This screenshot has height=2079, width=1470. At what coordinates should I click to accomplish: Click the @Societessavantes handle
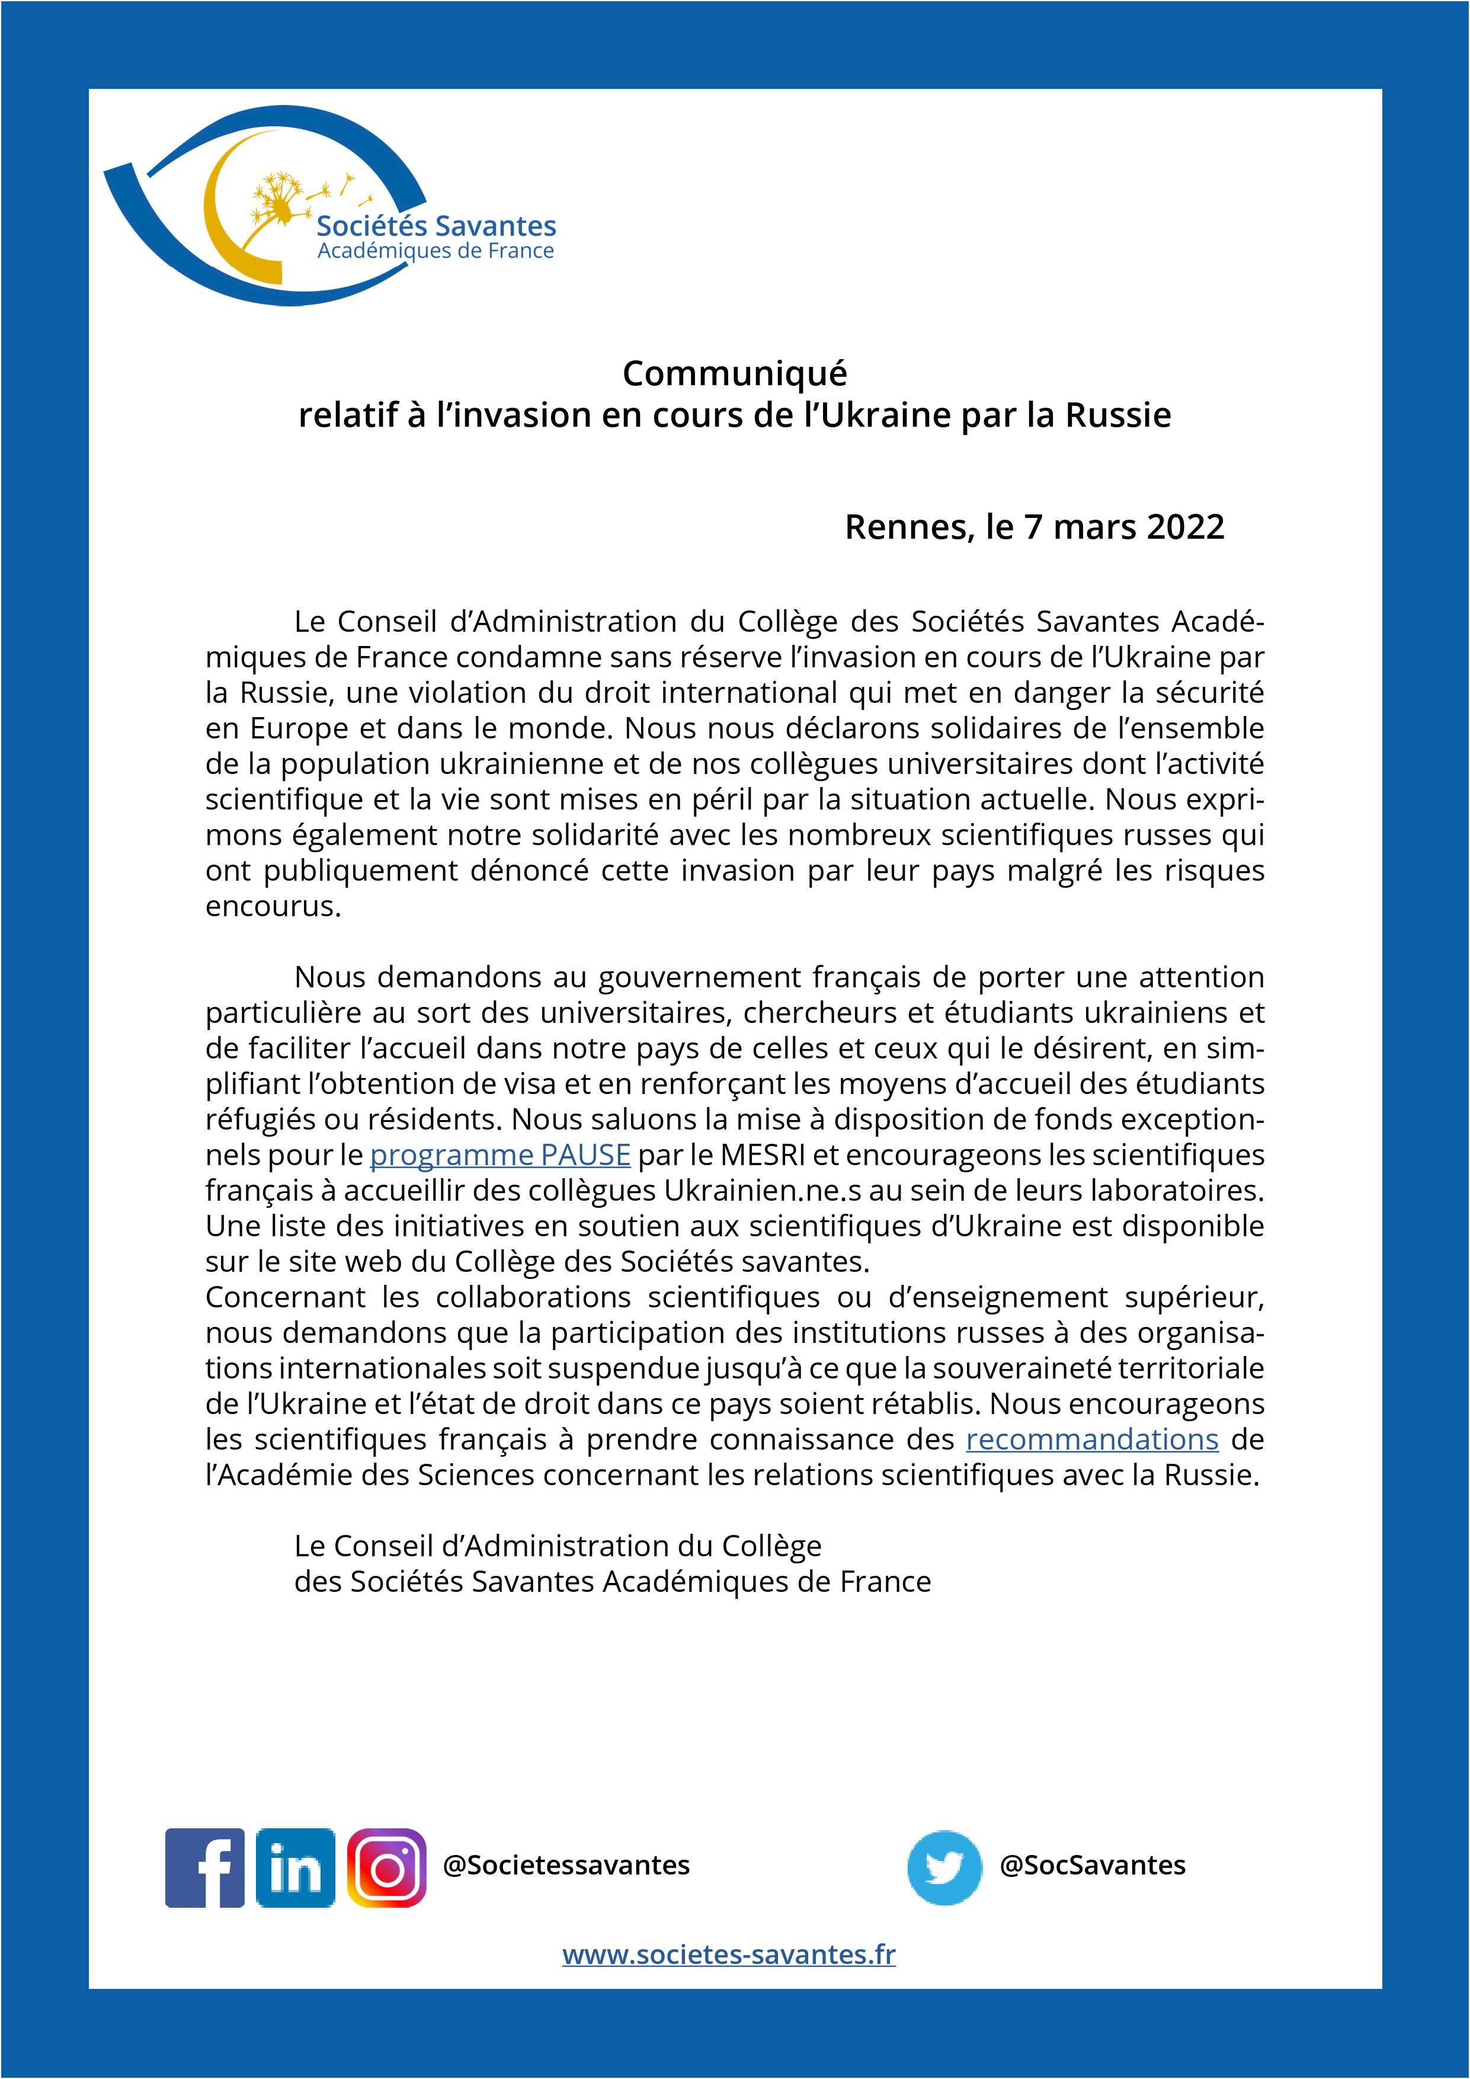566,1865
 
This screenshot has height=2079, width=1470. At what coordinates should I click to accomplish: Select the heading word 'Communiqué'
734,373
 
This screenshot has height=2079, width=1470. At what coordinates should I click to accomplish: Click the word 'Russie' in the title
1118,415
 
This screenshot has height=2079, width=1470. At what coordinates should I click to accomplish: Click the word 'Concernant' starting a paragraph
285,1297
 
